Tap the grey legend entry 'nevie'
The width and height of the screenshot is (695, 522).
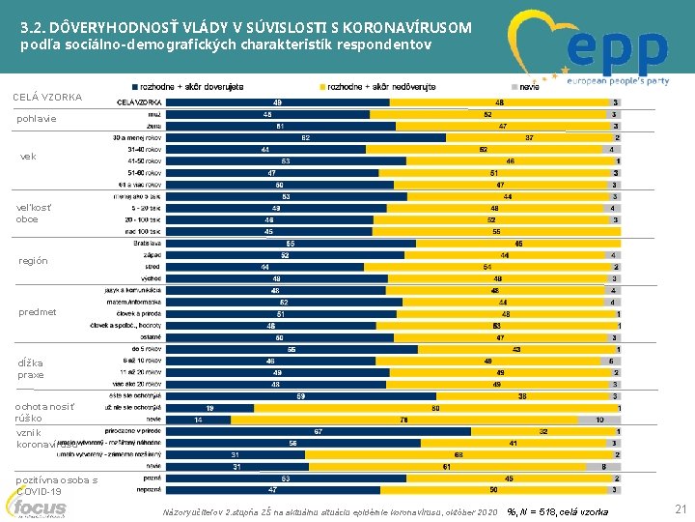coord(529,86)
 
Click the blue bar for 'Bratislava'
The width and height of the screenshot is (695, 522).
coord(290,243)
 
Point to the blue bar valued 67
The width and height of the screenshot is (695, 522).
coord(318,431)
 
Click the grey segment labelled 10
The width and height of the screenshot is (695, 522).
coord(599,420)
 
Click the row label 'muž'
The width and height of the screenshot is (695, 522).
coord(153,114)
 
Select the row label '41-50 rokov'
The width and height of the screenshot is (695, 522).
coord(143,160)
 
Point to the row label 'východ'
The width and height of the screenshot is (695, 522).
coord(149,278)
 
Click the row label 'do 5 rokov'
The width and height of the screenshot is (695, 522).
coord(144,349)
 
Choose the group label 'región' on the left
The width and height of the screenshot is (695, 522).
coord(33,261)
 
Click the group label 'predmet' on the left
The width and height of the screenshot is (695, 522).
coord(37,312)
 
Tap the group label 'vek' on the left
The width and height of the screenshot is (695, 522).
coord(28,156)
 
